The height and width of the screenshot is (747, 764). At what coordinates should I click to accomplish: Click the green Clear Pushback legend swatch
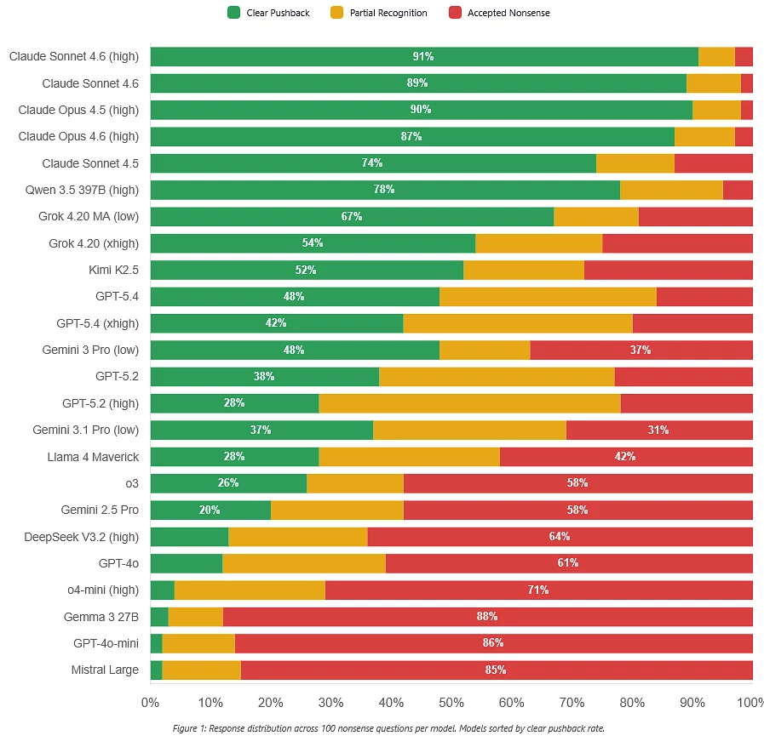coord(234,13)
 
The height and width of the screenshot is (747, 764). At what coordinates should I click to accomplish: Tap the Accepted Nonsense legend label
coord(508,13)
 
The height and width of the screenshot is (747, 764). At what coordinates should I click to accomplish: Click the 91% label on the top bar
coord(423,57)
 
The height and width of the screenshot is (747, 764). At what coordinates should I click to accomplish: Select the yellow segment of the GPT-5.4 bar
coord(548,297)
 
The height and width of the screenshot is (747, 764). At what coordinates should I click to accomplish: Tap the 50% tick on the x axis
coord(451,704)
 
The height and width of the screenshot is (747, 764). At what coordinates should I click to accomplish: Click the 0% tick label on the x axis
coord(150,704)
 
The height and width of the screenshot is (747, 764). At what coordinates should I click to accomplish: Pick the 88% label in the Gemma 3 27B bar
coord(487,617)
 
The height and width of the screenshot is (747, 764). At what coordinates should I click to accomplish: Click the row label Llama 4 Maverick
coord(93,457)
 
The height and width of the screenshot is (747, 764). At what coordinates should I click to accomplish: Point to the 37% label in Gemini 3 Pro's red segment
coord(640,351)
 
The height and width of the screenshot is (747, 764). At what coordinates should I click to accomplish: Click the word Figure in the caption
coord(186,729)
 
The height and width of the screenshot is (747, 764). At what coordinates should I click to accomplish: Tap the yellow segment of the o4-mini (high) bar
coord(250,590)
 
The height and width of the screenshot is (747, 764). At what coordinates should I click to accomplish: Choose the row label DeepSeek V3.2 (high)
coord(81,537)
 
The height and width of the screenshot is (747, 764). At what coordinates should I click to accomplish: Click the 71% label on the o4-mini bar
coord(538,590)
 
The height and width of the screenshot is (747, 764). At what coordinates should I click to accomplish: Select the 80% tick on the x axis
coord(632,704)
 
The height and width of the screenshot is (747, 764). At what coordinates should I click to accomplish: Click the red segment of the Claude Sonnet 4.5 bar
coord(713,163)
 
